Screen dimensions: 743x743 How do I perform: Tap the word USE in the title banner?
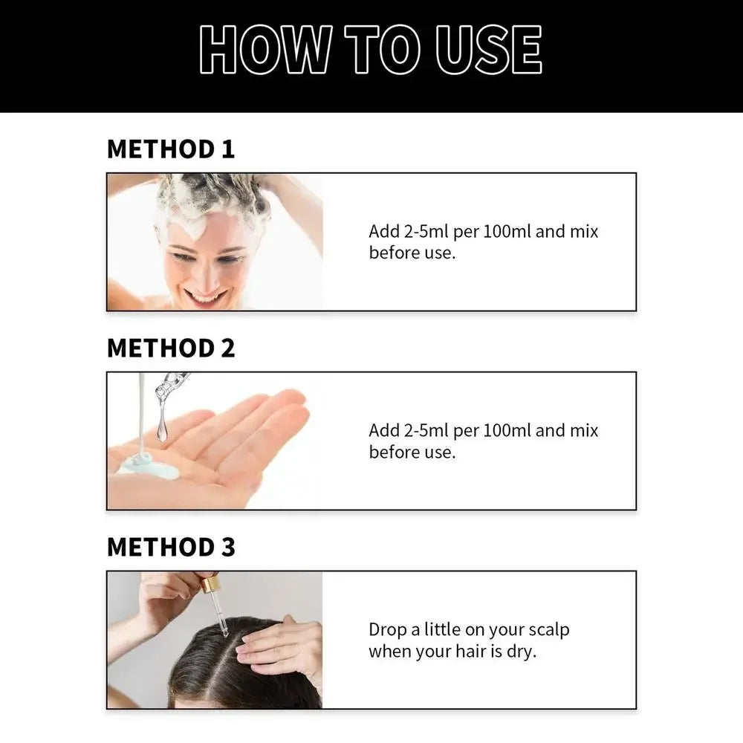tap(489, 49)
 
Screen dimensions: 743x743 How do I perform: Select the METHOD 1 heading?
tap(171, 149)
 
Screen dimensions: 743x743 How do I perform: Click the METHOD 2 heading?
tap(171, 348)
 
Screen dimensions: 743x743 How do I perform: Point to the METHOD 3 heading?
tap(171, 547)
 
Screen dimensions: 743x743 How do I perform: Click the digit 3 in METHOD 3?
tap(228, 547)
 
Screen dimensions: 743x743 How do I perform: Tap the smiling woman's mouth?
tap(206, 296)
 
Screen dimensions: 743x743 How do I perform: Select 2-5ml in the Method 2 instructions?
tap(426, 430)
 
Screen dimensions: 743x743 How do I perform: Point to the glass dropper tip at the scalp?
tap(223, 631)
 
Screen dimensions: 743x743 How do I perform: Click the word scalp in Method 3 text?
tap(549, 630)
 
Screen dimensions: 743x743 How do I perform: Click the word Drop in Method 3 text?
tap(389, 630)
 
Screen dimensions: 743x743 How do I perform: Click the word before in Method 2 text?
tap(395, 452)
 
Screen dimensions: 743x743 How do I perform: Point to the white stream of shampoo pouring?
tap(141, 412)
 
